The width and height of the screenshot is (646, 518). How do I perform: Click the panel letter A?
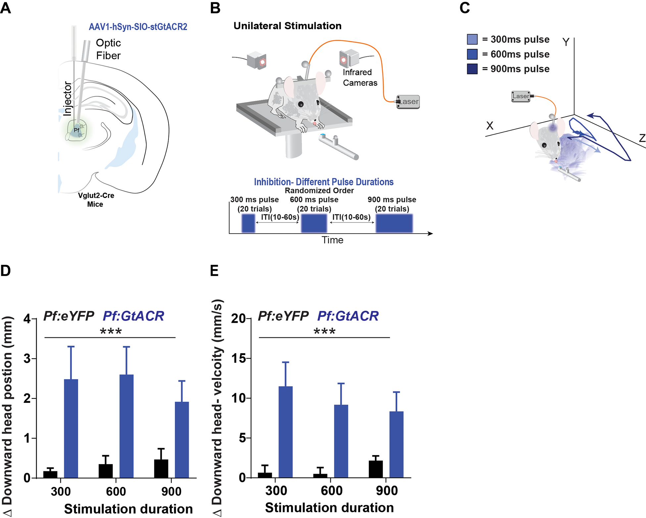click(6, 8)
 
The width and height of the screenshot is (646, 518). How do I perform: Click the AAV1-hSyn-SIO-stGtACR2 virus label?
click(138, 27)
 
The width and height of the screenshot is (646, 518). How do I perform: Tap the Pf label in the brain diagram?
click(76, 130)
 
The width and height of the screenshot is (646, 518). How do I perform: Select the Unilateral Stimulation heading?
click(287, 26)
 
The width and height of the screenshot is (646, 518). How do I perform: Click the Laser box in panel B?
click(408, 102)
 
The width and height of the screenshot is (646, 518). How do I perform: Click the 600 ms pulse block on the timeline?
click(314, 223)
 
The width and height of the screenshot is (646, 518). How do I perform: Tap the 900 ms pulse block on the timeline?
click(394, 223)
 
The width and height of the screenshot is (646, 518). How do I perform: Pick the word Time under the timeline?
click(332, 240)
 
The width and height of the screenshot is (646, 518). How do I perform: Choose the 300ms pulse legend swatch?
click(472, 39)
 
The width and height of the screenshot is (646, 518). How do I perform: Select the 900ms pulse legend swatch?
click(472, 69)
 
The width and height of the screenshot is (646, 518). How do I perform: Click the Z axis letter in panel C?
click(642, 138)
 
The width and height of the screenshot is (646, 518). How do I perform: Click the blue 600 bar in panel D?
click(126, 426)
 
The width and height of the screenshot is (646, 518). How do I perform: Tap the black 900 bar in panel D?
click(161, 468)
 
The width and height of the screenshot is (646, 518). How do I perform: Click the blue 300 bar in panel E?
click(285, 432)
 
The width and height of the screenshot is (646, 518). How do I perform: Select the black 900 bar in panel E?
click(375, 469)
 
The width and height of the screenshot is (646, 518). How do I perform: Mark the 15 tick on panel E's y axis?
click(238, 358)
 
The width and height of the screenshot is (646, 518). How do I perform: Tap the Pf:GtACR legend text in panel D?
click(133, 316)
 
